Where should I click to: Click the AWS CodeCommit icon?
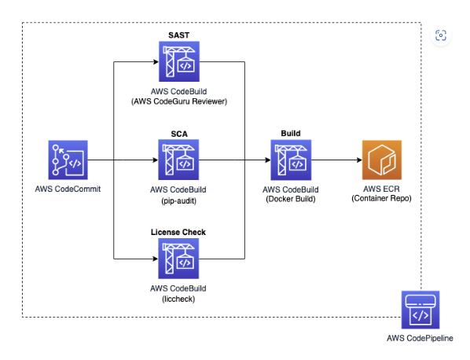68,160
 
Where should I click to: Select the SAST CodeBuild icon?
179,61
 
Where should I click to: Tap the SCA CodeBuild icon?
178,160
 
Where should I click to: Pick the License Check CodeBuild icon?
178,259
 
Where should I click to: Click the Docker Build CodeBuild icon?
291,160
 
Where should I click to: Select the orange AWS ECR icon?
382,160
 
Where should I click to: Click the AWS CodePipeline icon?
420,310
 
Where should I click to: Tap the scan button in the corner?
441,35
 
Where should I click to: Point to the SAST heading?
179,35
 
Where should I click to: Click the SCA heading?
179,134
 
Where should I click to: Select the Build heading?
291,134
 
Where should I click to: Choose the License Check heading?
178,233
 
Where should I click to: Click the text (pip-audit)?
179,200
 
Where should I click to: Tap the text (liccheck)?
178,299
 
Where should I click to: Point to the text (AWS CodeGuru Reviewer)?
179,101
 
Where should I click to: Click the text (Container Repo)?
381,198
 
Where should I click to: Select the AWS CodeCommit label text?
68,189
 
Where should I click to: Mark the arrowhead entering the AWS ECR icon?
359,160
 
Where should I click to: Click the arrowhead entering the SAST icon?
156,62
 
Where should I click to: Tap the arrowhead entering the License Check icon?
156,259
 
